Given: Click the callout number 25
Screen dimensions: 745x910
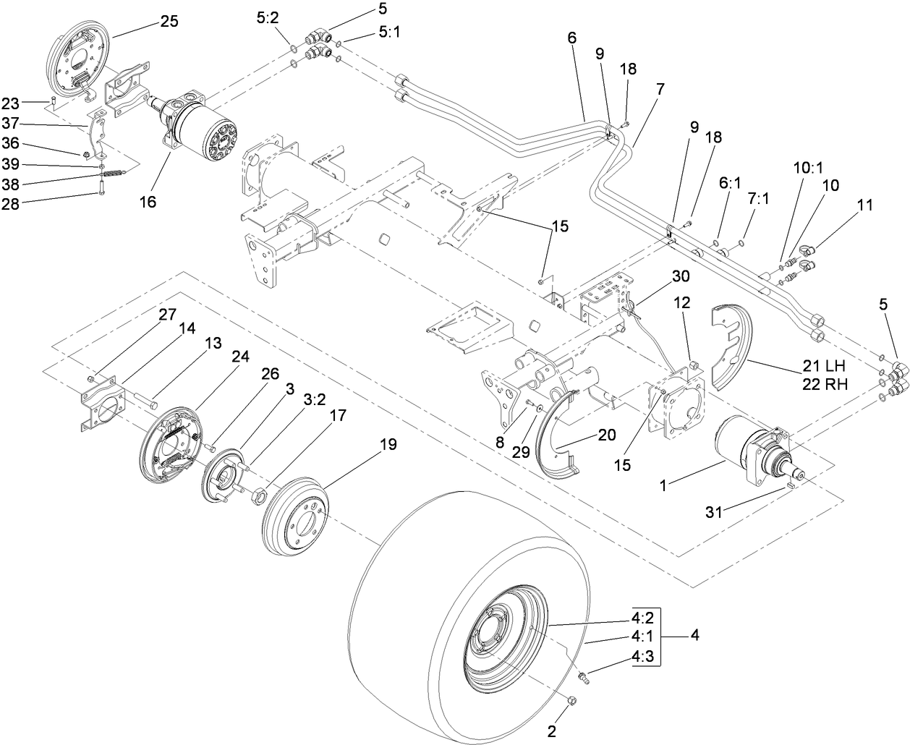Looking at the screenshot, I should [169, 22].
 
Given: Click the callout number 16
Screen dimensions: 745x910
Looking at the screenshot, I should [148, 202].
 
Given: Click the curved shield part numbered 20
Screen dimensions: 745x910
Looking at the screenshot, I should [557, 441].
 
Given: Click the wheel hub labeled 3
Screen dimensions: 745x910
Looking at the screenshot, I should [224, 477].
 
